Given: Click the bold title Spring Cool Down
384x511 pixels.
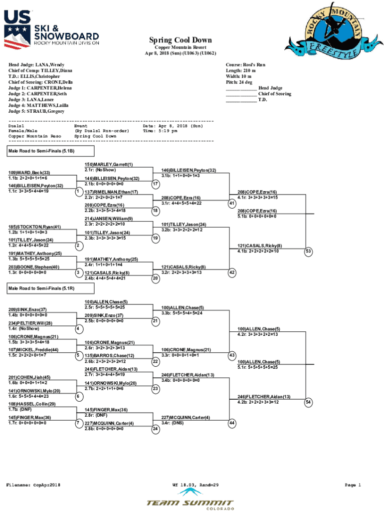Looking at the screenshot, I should [x=180, y=40].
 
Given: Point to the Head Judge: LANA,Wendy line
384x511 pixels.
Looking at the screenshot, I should [x=36, y=65].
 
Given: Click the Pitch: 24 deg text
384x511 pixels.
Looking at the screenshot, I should [x=238, y=82].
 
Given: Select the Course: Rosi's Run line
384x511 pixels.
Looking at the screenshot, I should [x=245, y=65].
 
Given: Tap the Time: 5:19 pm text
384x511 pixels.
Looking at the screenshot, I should [x=160, y=131].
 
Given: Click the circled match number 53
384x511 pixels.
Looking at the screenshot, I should [x=309, y=252].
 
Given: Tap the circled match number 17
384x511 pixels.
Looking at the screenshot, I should [x=156, y=184].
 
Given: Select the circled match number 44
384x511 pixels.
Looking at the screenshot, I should [x=232, y=423].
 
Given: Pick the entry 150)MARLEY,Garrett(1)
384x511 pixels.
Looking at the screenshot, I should [x=109, y=164].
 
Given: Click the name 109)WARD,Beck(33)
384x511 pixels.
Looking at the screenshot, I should [x=29, y=172].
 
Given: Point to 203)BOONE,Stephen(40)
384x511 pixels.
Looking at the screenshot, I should [x=34, y=267].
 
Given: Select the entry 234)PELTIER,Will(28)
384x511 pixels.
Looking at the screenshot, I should [x=30, y=323].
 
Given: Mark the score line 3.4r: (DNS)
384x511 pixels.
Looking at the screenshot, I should [x=173, y=423].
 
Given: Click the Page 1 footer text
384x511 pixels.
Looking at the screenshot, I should [x=353, y=485].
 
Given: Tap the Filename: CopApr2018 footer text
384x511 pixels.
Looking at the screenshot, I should [x=33, y=485].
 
